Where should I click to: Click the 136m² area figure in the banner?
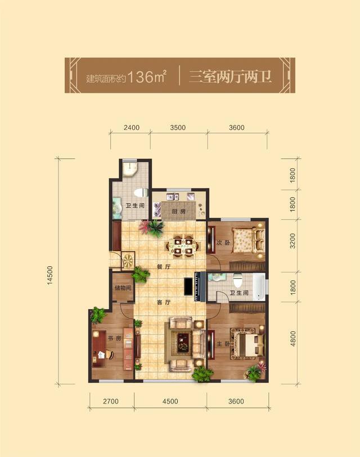click(x=147, y=77)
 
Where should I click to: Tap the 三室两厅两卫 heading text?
click(x=230, y=77)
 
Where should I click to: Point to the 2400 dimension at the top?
click(x=132, y=127)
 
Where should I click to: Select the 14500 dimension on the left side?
click(x=50, y=275)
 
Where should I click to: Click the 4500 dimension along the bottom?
click(x=170, y=401)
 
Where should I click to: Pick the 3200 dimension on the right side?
click(x=292, y=240)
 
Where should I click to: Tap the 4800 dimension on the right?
click(x=292, y=338)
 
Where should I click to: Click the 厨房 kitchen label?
click(x=178, y=211)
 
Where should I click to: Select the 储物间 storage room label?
click(x=123, y=288)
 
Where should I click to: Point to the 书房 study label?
click(x=114, y=338)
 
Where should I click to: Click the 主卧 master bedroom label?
click(x=223, y=344)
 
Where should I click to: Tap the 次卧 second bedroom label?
click(x=223, y=243)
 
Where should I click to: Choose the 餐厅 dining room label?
click(x=164, y=266)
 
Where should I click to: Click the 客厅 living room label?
click(x=164, y=302)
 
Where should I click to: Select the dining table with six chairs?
click(x=183, y=246)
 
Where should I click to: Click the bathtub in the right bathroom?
click(x=259, y=287)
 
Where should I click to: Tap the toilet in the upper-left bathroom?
click(x=141, y=193)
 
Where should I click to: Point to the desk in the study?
click(x=100, y=348)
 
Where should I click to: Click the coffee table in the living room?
click(x=183, y=342)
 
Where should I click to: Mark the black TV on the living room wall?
click(x=188, y=287)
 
